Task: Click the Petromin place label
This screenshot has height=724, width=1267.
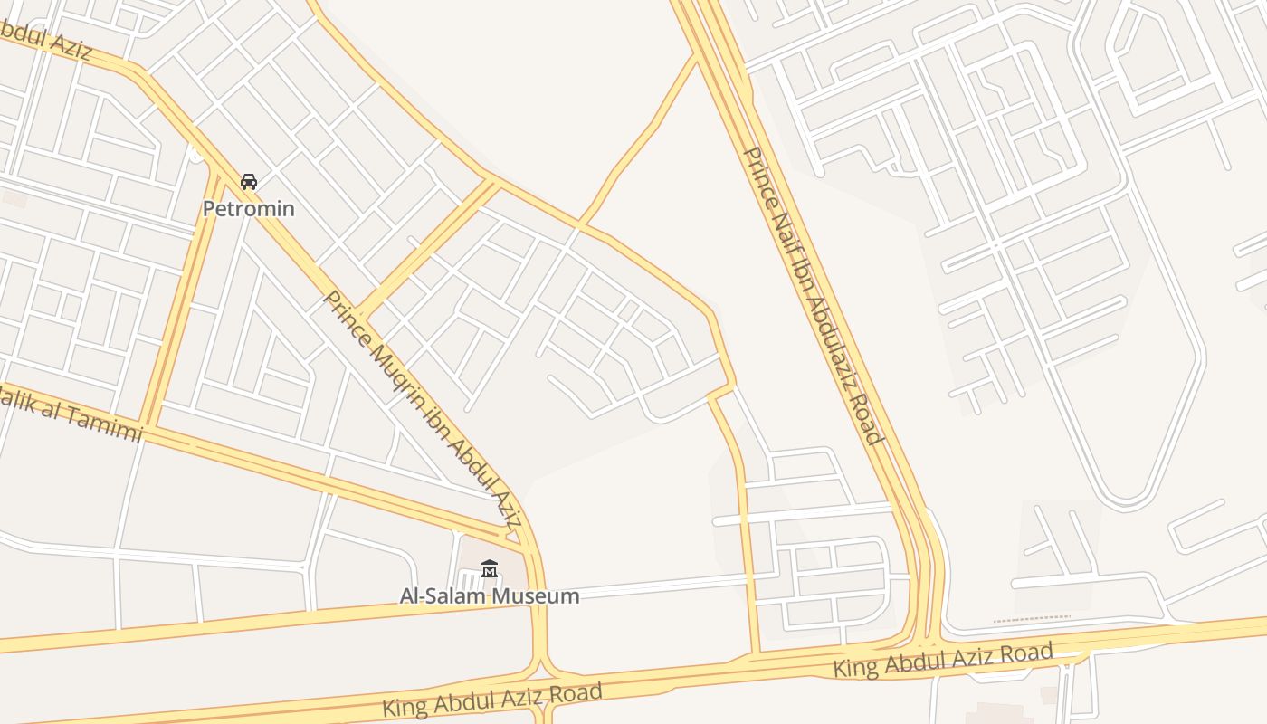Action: [248, 208]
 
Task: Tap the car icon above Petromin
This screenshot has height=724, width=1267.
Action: [249, 182]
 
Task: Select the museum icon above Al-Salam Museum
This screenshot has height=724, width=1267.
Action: [490, 569]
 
